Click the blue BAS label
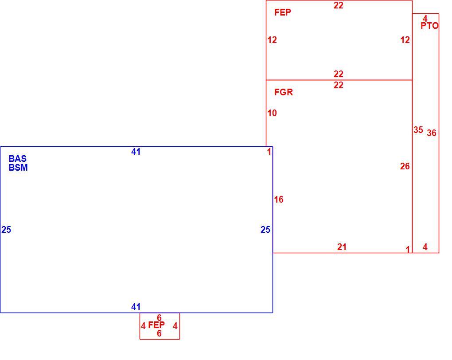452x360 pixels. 18,159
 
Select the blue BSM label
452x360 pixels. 18,168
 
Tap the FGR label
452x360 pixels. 284,92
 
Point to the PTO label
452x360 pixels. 429,26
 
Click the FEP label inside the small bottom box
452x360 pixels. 156,325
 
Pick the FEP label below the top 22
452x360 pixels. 283,12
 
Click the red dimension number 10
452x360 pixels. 272,113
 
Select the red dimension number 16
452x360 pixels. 279,200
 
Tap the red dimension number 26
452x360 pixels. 405,166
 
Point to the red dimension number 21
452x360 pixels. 342,247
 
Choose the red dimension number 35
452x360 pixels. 418,130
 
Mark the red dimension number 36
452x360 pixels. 432,133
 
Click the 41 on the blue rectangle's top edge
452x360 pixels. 136,152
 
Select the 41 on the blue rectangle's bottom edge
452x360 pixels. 136,307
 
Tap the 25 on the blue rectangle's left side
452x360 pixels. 6,230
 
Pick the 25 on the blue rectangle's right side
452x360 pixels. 265,230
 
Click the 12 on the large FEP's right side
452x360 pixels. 405,40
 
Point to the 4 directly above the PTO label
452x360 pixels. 425,19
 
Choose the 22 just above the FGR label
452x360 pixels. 339,85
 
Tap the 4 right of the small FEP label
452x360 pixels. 175,326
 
